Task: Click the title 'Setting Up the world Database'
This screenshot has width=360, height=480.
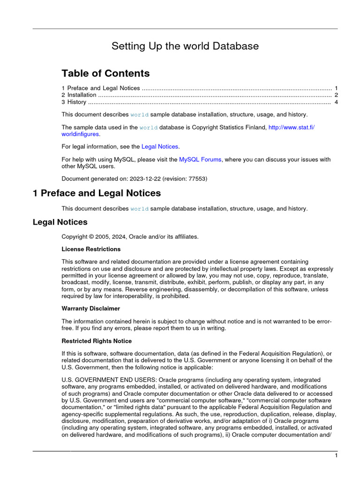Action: pyautogui.click(x=185, y=46)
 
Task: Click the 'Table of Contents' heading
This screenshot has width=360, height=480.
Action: pyautogui.click(x=105, y=73)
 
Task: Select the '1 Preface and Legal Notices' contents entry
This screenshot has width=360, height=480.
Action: pyautogui.click(x=101, y=88)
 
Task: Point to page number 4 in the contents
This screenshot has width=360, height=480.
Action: pyautogui.click(x=336, y=102)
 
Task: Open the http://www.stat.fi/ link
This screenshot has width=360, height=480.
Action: pyautogui.click(x=291, y=127)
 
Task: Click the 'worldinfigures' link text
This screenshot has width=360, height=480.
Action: pyautogui.click(x=80, y=134)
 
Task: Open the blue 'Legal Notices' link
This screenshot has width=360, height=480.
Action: pyautogui.click(x=160, y=147)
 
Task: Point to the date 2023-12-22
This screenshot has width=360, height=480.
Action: pyautogui.click(x=145, y=179)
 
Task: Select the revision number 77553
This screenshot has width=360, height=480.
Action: pyautogui.click(x=197, y=179)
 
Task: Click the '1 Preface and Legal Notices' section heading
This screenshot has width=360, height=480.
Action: pyautogui.click(x=97, y=193)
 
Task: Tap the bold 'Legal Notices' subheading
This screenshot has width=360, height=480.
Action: pyautogui.click(x=60, y=222)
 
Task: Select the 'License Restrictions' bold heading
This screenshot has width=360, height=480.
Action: pyautogui.click(x=91, y=249)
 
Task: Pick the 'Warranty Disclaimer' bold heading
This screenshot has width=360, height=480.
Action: pyautogui.click(x=90, y=308)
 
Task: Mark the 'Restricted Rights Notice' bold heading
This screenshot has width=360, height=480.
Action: pyautogui.click(x=97, y=341)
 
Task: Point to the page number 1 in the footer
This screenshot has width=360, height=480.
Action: pyautogui.click(x=336, y=456)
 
